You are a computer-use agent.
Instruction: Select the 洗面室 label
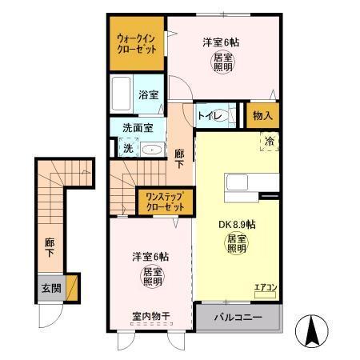(137, 126)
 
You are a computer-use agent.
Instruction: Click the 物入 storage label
(262, 116)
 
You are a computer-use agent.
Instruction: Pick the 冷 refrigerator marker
(268, 141)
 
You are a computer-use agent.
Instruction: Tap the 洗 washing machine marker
(127, 147)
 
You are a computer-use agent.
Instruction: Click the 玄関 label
(49, 286)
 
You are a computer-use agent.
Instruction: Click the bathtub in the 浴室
(122, 93)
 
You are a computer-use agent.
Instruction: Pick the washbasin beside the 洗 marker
(151, 148)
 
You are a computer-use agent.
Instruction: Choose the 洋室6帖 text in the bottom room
(150, 257)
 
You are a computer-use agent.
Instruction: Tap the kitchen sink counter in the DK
(242, 182)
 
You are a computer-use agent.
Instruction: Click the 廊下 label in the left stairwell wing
(50, 246)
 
